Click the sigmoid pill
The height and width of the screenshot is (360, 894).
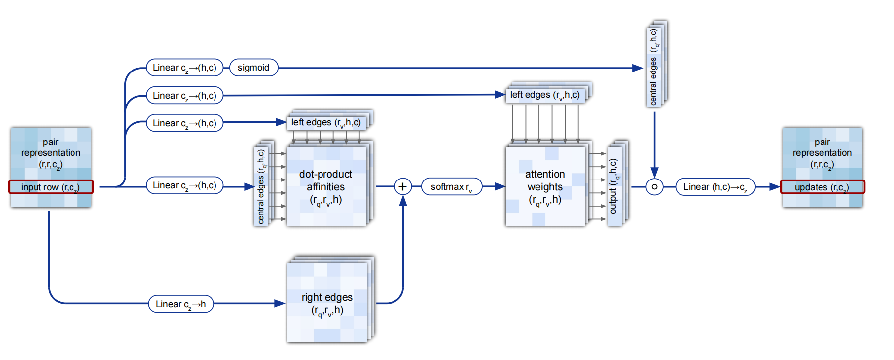tap(253, 68)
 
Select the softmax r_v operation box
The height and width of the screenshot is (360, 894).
tap(451, 187)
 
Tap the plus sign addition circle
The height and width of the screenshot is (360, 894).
tap(402, 186)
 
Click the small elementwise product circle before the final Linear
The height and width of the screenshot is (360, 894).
tap(654, 187)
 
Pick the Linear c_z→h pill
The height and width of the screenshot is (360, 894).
tap(180, 304)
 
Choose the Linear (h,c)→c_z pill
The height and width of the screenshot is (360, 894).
tap(715, 187)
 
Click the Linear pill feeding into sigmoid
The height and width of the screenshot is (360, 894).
tap(184, 68)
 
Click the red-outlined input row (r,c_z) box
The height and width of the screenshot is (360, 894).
tap(51, 187)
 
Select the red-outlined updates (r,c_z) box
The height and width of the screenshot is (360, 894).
tap(822, 187)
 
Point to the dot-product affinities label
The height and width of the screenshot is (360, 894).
tap(325, 187)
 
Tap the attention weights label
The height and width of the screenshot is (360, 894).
tap(545, 187)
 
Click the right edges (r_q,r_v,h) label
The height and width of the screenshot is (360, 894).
tap(327, 303)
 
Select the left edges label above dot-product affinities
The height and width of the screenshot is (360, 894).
tap(326, 122)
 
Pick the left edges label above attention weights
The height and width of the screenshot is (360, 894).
tap(545, 95)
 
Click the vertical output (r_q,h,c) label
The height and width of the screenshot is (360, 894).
tap(614, 186)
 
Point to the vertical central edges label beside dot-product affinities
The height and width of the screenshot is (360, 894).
tap(261, 186)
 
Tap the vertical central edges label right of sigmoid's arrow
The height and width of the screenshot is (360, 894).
tap(654, 67)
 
